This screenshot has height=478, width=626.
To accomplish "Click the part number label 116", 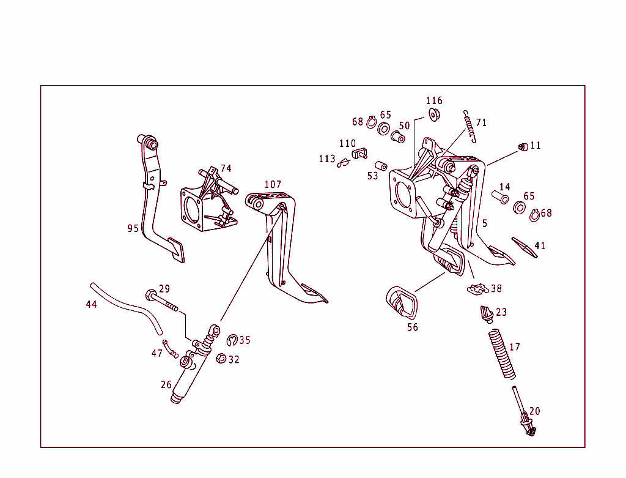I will (434, 100).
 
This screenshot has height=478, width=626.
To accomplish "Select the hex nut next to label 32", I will (222, 359).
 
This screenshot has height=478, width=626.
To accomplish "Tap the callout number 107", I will (273, 184).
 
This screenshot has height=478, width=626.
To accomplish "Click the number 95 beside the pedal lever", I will (133, 228).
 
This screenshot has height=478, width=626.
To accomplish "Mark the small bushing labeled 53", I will (381, 166).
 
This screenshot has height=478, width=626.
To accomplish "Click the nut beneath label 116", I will (435, 114).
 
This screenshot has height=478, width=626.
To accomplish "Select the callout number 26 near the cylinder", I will (166, 384).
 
